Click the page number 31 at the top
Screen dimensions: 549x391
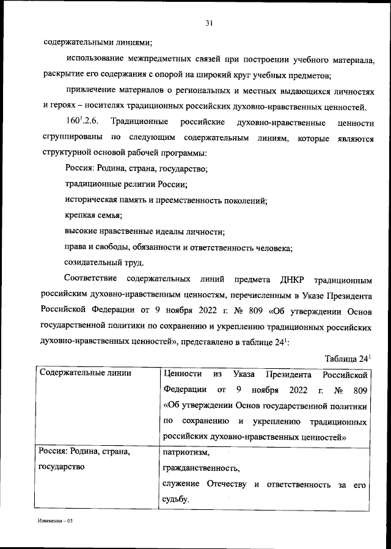[x=209, y=24]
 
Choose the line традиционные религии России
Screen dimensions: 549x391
[x=126, y=184]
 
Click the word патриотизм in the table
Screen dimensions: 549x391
[x=186, y=453]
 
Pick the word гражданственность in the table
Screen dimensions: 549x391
[x=201, y=469]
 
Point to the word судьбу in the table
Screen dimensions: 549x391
[x=176, y=500]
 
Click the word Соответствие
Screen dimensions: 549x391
[x=95, y=282]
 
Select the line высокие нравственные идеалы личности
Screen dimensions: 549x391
[x=144, y=231]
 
